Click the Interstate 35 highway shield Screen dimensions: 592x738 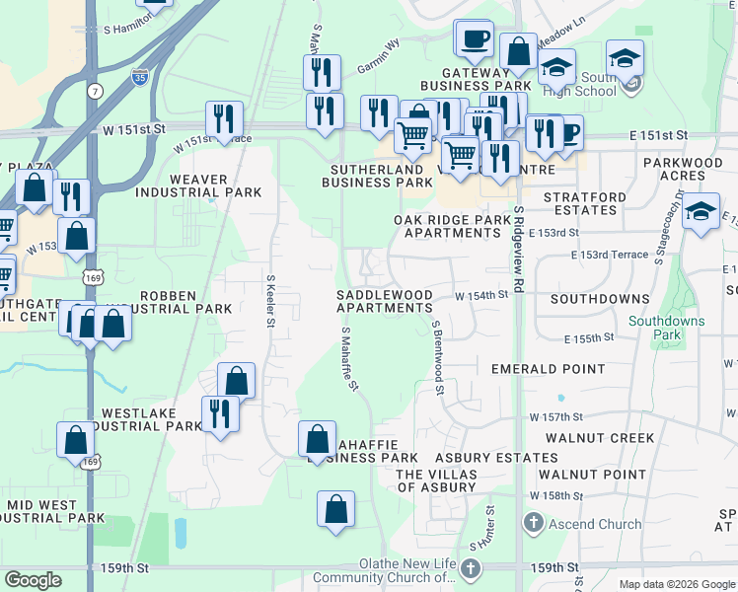point(141,77)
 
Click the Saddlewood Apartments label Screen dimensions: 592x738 point(384,301)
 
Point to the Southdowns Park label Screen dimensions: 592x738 point(667,328)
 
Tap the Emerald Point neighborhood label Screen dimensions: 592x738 point(548,369)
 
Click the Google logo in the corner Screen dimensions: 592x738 point(34,580)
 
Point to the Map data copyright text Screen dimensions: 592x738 point(676,584)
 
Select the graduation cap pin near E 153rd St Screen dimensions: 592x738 point(701,212)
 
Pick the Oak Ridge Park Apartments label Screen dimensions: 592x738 point(447,226)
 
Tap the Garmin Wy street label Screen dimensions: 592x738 point(378,60)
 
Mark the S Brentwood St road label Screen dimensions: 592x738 point(435,357)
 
